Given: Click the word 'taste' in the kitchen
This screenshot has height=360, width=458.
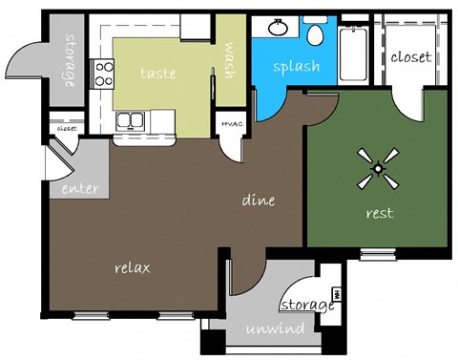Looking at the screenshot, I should pyautogui.click(x=157, y=73).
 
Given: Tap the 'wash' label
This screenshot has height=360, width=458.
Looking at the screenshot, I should pyautogui.click(x=229, y=63).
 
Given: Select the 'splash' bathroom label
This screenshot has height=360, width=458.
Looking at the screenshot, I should pyautogui.click(x=296, y=67).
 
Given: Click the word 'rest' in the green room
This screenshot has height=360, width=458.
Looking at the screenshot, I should pyautogui.click(x=380, y=213).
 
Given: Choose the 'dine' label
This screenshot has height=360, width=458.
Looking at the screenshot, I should pyautogui.click(x=259, y=201).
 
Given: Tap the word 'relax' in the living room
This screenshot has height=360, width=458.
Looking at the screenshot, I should pyautogui.click(x=133, y=267).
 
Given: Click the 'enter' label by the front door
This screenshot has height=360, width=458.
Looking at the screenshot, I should pyautogui.click(x=80, y=188).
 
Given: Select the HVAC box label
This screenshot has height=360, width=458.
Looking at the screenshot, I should pyautogui.click(x=232, y=123).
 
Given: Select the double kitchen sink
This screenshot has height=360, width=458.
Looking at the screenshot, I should pyautogui.click(x=132, y=121).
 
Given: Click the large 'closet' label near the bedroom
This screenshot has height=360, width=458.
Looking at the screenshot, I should pyautogui.click(x=411, y=57).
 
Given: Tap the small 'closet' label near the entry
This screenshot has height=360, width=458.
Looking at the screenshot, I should pyautogui.click(x=66, y=126).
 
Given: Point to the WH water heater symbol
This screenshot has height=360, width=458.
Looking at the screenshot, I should pyautogui.click(x=336, y=293).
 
